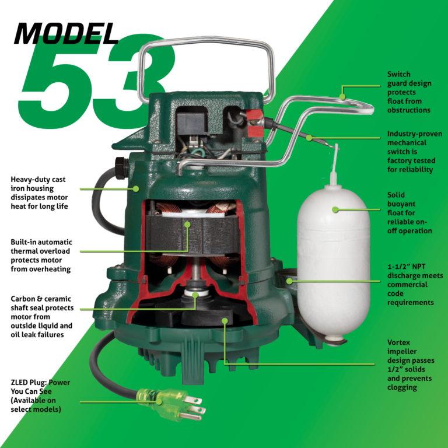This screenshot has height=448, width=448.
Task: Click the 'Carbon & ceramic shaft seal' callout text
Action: (x=41, y=317)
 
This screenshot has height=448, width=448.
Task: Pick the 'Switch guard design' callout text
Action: (x=409, y=92)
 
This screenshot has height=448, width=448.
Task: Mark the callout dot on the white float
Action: (x=335, y=209)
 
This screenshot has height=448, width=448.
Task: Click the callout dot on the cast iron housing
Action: (x=135, y=188)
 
